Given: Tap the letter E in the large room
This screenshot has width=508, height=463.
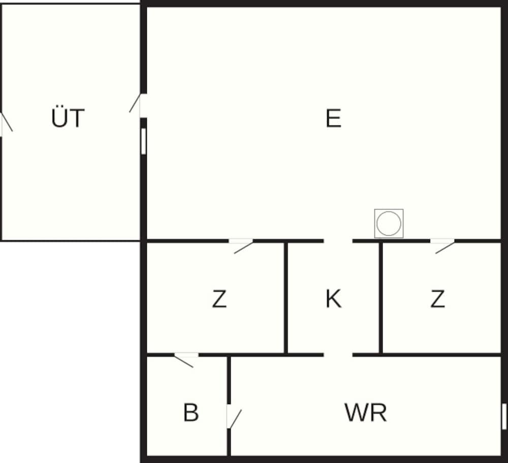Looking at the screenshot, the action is (333, 118).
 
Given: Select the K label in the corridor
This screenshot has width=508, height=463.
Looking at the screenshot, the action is (333, 299).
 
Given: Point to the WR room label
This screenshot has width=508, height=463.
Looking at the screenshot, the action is (365, 412).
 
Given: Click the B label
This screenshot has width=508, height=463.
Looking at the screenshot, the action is (191, 412).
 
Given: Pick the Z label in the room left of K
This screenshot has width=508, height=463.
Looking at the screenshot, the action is (219, 299).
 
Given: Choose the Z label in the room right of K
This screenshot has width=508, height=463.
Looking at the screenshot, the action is (437, 299).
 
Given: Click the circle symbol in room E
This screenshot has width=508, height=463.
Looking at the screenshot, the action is (389, 224).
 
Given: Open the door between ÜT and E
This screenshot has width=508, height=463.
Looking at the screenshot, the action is (137, 104).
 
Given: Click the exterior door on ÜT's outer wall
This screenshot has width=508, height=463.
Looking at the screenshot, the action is (6, 124).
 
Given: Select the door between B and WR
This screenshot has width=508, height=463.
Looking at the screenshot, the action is (233, 417).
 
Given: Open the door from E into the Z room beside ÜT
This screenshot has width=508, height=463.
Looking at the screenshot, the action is (241, 245).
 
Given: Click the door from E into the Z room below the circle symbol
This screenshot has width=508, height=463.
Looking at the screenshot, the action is (442, 245).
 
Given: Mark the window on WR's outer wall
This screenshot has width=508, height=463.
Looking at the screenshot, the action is (504, 416).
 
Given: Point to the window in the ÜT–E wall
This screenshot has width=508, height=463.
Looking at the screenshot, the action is (144, 141).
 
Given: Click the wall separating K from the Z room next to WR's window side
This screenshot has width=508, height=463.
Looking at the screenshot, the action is (380, 298).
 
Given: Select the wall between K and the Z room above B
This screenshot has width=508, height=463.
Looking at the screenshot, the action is (285, 298).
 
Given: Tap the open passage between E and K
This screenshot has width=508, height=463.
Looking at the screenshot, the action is (338, 241).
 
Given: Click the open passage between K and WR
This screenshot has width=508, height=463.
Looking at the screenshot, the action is (338, 355).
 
